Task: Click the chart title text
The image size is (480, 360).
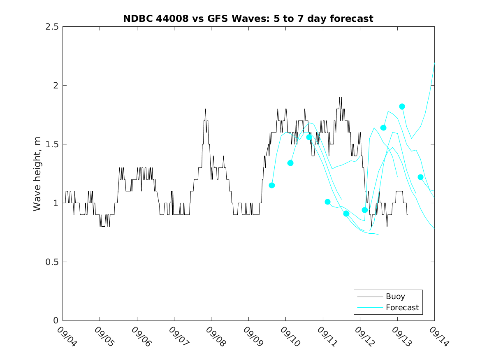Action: (248, 19)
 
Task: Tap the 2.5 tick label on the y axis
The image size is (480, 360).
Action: (53, 27)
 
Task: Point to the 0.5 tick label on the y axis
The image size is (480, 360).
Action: (53, 262)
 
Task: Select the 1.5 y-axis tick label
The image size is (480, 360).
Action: (53, 144)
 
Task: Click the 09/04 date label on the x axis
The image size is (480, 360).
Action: (66, 336)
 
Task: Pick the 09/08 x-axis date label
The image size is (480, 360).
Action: (214, 336)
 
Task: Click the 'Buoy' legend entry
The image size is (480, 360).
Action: (395, 296)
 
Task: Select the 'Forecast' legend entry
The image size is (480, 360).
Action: (402, 307)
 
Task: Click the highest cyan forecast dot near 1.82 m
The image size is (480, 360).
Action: (402, 107)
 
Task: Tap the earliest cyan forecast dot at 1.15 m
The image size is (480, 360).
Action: (271, 185)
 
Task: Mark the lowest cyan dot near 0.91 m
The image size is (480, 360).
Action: (346, 214)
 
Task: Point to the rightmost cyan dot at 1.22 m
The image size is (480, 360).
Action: (420, 177)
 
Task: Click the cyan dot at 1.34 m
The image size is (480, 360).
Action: (290, 163)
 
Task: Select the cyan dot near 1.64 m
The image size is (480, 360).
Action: (383, 128)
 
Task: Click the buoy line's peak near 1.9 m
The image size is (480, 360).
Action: (340, 98)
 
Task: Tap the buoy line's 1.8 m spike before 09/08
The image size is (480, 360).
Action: (205, 109)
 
